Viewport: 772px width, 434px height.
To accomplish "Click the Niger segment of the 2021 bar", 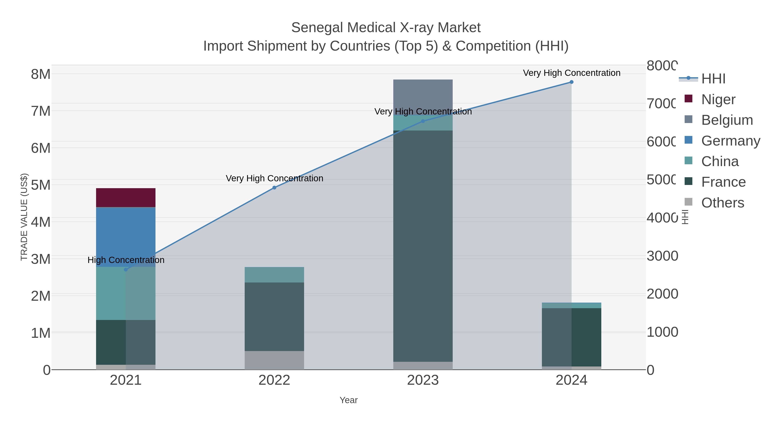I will click(126, 197).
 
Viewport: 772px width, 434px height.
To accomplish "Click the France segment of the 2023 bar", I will click(423, 246).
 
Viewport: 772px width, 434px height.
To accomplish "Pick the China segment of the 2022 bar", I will click(274, 274).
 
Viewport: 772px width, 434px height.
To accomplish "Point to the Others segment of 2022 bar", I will click(274, 360).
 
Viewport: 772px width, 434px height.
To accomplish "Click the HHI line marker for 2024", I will click(571, 82).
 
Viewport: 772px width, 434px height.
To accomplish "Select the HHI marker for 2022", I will click(274, 188).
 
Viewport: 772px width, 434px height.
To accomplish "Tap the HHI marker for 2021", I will click(126, 270).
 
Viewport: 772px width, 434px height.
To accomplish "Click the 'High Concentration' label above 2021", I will click(126, 260).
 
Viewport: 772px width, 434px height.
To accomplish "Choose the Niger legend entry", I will click(718, 99).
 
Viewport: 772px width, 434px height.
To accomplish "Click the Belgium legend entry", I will click(727, 120).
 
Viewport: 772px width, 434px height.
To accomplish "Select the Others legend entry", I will click(722, 203).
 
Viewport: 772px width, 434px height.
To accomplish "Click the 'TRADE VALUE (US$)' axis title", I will click(24, 217).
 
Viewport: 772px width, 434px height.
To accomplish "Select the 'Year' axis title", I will click(348, 400).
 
